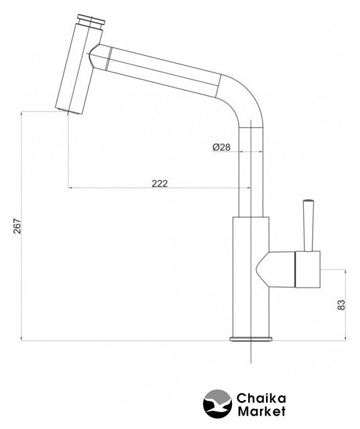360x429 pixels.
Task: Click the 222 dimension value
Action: point(160,184)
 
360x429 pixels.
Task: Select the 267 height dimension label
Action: point(17,226)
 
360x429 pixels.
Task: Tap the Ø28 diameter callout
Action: point(221,147)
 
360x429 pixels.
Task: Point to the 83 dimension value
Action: point(341,305)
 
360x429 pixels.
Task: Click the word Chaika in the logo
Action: point(261,398)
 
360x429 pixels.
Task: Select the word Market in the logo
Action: point(261,411)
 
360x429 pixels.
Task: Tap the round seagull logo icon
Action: point(217,404)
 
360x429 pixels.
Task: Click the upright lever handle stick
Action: point(308,225)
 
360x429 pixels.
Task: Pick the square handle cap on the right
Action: point(308,269)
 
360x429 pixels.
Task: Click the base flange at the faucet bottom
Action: point(251,339)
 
